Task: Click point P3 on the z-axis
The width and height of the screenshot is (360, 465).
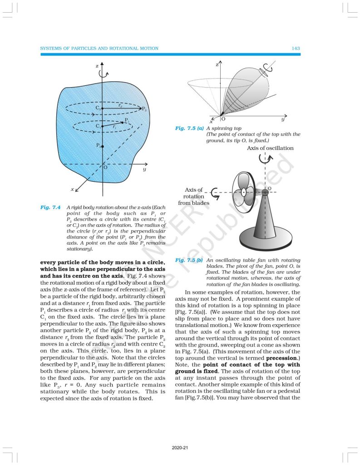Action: click(x=103, y=147)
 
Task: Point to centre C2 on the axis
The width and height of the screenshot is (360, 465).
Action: click(x=103, y=109)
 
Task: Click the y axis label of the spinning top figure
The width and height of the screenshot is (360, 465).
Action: click(x=282, y=119)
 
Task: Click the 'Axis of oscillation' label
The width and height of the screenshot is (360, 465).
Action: click(x=270, y=148)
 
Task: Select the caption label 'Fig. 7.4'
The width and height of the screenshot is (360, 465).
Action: click(x=50, y=207)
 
